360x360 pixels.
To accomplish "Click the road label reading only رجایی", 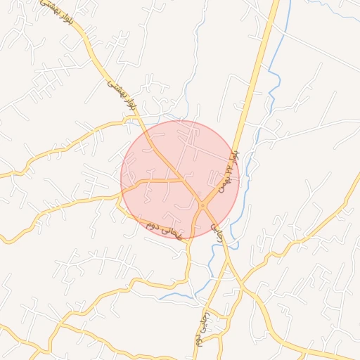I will coord(217,233).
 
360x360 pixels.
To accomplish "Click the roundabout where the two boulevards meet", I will coord(202,205).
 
